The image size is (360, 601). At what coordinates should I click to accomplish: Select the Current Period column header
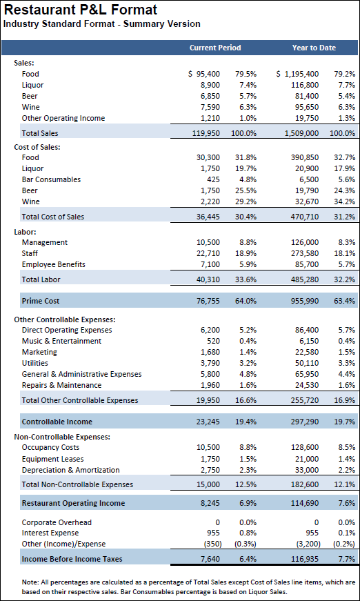click(x=215, y=48)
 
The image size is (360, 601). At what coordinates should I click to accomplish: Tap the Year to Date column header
click(x=314, y=48)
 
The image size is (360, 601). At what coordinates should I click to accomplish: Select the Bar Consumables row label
click(x=51, y=179)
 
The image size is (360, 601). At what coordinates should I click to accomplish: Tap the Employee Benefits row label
click(x=54, y=264)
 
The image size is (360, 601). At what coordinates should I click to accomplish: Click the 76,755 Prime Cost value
click(x=208, y=301)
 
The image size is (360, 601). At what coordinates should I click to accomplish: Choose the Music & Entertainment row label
click(x=61, y=341)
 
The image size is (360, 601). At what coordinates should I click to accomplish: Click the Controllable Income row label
click(x=57, y=422)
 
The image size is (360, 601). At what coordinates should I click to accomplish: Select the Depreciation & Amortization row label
click(x=70, y=470)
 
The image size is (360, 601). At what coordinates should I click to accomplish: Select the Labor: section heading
click(x=25, y=232)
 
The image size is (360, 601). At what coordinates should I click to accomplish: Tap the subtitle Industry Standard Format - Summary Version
click(x=102, y=24)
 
